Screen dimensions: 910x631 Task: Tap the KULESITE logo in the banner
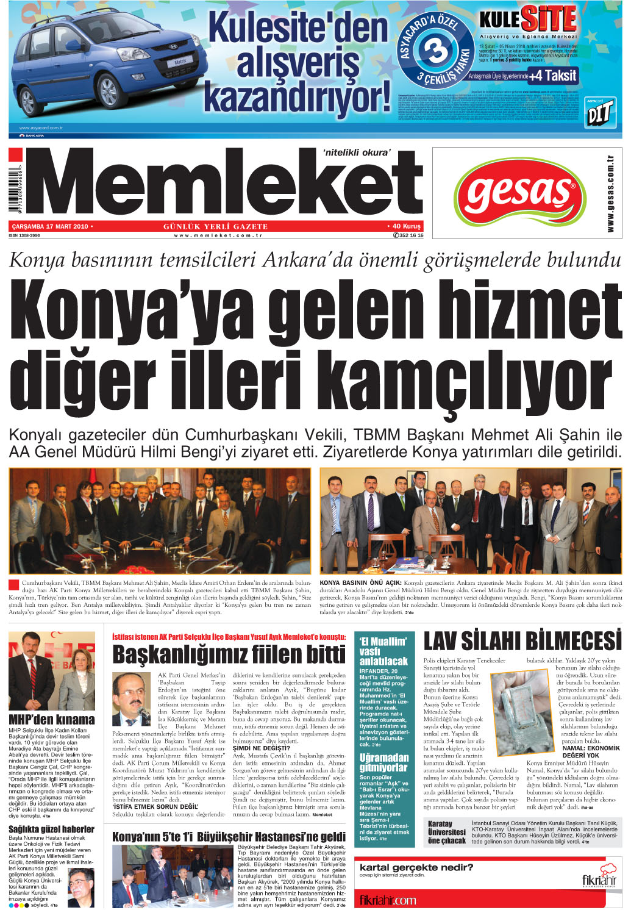pos(528,20)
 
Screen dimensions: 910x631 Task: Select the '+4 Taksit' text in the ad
pos(553,76)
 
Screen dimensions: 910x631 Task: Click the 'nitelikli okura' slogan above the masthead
pos(355,152)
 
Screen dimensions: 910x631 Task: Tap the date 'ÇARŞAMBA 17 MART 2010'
pos(51,226)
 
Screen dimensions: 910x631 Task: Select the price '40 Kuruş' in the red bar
pos(405,226)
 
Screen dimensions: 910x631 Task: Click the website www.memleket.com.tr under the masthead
pos(218,235)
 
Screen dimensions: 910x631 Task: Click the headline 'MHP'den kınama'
pos(51,720)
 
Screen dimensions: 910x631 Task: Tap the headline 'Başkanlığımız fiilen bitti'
pos(229,654)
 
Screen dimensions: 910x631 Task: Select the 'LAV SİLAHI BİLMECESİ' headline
pos(522,641)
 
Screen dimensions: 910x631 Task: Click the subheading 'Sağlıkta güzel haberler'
pos(51,829)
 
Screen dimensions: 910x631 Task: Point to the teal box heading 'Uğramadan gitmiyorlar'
pos(383,762)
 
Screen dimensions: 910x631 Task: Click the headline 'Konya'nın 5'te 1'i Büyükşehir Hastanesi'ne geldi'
pos(229,836)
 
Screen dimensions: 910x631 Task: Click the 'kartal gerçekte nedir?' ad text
pos(416,867)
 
